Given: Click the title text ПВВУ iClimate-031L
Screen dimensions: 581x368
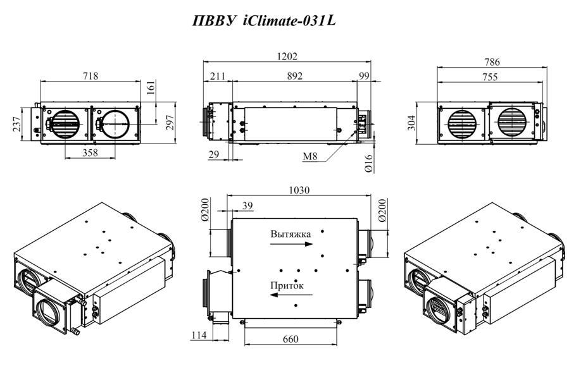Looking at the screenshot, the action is [264, 21].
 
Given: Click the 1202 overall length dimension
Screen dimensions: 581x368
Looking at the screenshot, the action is [287, 56].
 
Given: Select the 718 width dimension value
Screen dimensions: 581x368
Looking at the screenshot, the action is [91, 76].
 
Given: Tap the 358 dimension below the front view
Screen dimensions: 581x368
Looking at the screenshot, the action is [90, 152].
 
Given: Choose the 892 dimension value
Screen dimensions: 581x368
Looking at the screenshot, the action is [294, 76].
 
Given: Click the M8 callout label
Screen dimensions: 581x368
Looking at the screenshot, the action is [310, 156].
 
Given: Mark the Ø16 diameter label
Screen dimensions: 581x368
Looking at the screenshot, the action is [368, 163].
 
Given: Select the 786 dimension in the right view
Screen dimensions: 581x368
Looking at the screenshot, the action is [492, 62].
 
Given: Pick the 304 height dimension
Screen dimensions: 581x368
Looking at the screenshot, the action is [411, 123].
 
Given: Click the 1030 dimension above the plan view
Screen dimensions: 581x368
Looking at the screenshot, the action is [299, 190].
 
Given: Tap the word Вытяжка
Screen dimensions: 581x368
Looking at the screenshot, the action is [291, 234].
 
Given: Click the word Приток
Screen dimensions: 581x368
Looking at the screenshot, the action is [287, 285].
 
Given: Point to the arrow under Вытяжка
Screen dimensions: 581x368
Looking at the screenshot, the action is [291, 244].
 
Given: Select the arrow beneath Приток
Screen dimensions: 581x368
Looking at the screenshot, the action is [291, 295].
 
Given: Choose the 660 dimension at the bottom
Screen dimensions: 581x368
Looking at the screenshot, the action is [290, 339].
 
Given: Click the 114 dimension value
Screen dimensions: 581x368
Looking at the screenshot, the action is [199, 335].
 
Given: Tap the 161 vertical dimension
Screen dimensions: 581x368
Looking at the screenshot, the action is [151, 88].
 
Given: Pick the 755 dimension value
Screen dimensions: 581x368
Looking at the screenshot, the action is [490, 77].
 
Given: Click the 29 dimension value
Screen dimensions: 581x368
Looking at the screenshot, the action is [214, 154].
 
